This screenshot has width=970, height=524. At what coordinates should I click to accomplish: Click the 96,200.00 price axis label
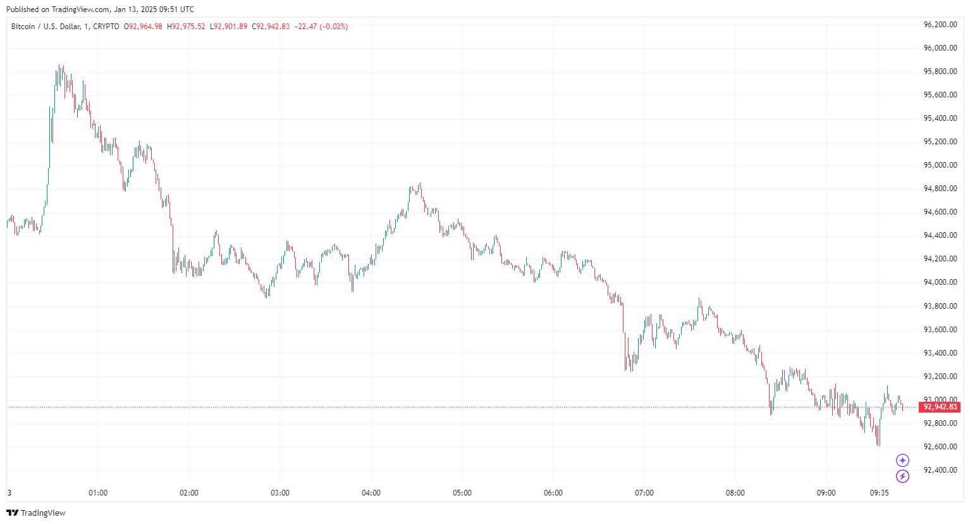tap(940, 25)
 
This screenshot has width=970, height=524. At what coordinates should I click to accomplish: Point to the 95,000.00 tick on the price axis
tap(940, 165)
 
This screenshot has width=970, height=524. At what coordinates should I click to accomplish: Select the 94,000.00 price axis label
tap(940, 282)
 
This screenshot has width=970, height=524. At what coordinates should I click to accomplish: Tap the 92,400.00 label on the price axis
tap(940, 470)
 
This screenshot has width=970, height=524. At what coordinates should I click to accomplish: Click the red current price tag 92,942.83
tap(940, 407)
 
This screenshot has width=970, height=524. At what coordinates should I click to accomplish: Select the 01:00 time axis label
tap(98, 493)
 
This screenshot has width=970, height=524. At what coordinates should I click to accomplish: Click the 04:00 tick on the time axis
tap(371, 493)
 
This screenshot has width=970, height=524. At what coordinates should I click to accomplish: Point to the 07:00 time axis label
tap(644, 493)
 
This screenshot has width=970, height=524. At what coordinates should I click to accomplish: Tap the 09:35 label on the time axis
tap(880, 493)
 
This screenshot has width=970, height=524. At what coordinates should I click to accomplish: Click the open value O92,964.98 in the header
tap(143, 27)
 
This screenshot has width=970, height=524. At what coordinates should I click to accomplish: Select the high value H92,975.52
tap(186, 27)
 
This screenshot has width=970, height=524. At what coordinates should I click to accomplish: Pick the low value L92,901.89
tap(228, 27)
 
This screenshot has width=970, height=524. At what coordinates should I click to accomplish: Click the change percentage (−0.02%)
tap(334, 27)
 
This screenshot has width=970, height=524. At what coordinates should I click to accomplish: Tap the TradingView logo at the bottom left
tap(36, 513)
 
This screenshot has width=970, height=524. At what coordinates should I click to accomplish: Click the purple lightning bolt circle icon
tap(902, 477)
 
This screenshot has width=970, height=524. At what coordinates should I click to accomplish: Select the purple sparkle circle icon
tap(902, 460)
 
